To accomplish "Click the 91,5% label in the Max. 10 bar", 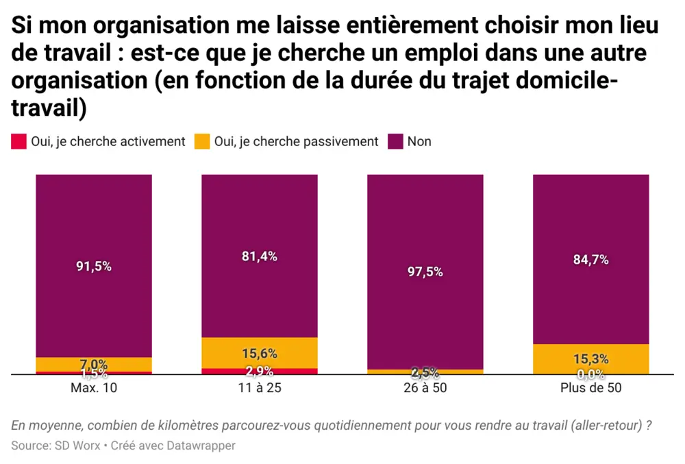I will (x=94, y=267).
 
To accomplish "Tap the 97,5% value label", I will (x=425, y=271).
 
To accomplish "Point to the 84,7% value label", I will (x=590, y=260).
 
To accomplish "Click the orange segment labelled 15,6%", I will (x=259, y=353).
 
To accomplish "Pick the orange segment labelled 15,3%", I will (x=590, y=358).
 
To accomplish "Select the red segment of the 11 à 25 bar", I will (x=259, y=371).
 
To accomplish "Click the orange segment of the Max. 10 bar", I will (x=94, y=364).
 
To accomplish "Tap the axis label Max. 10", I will (x=94, y=387).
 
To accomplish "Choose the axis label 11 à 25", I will (x=259, y=387).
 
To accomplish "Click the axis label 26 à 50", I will (x=425, y=387).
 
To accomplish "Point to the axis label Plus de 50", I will (x=590, y=387).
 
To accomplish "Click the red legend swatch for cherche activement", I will (x=18, y=142).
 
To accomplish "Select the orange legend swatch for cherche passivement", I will (x=201, y=142).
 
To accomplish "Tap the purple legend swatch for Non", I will (x=395, y=142).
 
